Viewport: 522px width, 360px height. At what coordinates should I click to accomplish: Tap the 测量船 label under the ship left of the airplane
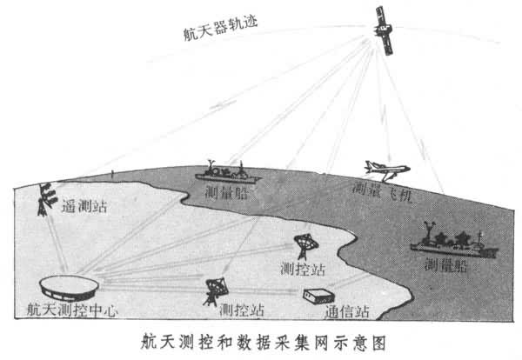click(x=228, y=193)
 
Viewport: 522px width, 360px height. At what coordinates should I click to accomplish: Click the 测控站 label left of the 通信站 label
click(x=242, y=310)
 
